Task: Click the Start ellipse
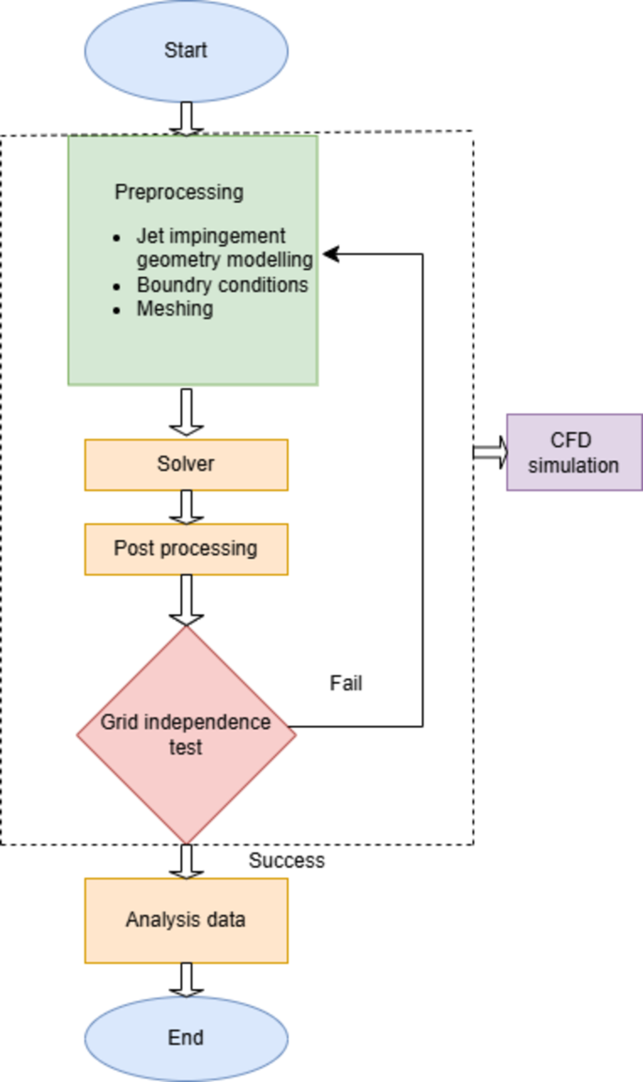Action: [186, 51]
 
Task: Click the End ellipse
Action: [186, 1038]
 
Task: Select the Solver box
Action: [186, 465]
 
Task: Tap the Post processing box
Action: [186, 548]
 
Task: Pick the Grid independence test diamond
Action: [186, 734]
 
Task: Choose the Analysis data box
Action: [186, 920]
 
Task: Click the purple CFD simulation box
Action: [574, 453]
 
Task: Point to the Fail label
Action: [345, 684]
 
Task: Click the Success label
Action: [286, 860]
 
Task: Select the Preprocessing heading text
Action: [178, 193]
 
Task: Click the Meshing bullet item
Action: [175, 308]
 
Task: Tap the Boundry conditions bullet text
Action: [222, 284]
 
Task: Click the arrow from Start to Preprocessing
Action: [186, 118]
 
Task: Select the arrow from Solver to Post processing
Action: [186, 507]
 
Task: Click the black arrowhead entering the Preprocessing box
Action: [331, 254]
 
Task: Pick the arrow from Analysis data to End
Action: [186, 979]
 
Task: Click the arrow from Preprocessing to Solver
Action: [186, 411]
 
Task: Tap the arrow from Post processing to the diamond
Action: [186, 600]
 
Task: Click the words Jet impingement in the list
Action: [210, 236]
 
